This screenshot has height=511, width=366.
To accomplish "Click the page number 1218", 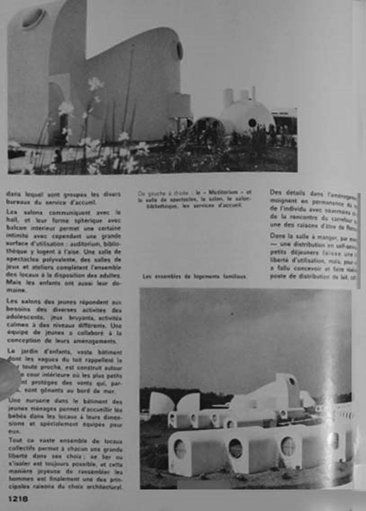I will pyautogui.click(x=18, y=499).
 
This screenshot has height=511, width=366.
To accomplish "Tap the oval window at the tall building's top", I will pyautogui.click(x=34, y=18).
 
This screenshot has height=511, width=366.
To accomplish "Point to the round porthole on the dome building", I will pyautogui.click(x=252, y=123).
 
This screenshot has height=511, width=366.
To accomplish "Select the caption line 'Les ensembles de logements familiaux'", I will pyautogui.click(x=194, y=277).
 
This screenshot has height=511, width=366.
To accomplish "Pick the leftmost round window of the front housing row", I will pyautogui.click(x=180, y=448).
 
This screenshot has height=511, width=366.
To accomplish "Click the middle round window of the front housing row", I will pyautogui.click(x=235, y=448).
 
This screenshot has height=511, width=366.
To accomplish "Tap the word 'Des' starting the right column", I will pyautogui.click(x=276, y=193).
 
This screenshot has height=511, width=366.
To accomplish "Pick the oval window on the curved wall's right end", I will pyautogui.click(x=179, y=51).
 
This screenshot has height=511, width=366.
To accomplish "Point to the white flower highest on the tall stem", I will pyautogui.click(x=95, y=83).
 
